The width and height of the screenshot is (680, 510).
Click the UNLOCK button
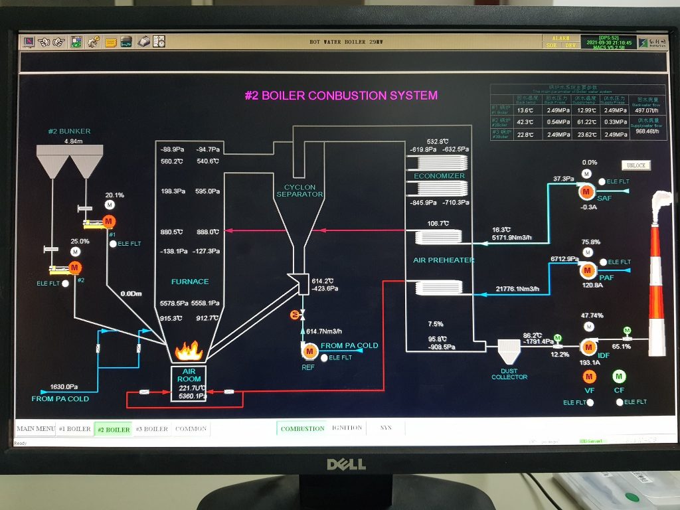pyautogui.click(x=636, y=165)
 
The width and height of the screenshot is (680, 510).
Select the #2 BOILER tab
pyautogui.click(x=114, y=430)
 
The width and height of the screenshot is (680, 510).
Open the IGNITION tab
pyautogui.click(x=347, y=428)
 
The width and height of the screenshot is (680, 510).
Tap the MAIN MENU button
pyautogui.click(x=35, y=429)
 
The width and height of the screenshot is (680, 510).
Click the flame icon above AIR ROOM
pyautogui.click(x=189, y=351)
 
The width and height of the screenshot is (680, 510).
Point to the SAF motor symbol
pyautogui.click(x=586, y=192)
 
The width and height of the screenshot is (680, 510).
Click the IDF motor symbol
pyautogui.click(x=588, y=347)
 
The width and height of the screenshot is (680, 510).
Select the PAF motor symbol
pyautogui.click(x=588, y=270)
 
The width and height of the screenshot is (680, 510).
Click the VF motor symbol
pyautogui.click(x=589, y=377)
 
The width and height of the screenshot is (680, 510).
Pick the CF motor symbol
pyautogui.click(x=620, y=377)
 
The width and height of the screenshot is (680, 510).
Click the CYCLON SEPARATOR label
pyautogui.click(x=299, y=191)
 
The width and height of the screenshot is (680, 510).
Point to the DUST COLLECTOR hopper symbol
pyautogui.click(x=509, y=348)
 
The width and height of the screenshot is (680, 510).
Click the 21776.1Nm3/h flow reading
pyautogui.click(x=518, y=289)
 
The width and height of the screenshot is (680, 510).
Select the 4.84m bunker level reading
pyautogui.click(x=73, y=141)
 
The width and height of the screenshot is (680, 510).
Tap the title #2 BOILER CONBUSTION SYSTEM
pyautogui.click(x=341, y=96)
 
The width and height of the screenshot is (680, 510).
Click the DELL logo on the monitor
pyautogui.click(x=346, y=464)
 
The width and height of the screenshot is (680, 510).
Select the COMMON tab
pyautogui.click(x=191, y=429)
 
